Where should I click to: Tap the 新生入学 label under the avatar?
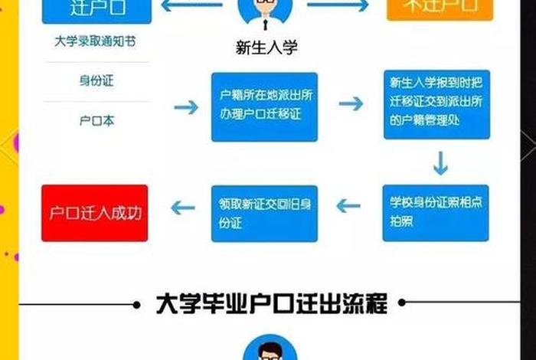pos(266,47)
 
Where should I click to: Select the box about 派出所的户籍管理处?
pos(437,106)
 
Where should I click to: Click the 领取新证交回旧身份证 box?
pos(264,212)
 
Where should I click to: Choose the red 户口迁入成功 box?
pos(95,211)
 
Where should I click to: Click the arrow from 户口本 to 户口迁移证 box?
pos(186,107)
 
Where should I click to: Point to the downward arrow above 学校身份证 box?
pos(440,163)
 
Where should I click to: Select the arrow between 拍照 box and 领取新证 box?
pos(349,206)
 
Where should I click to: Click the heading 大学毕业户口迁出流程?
pos(271,303)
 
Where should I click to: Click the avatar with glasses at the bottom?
pos(269,351)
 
